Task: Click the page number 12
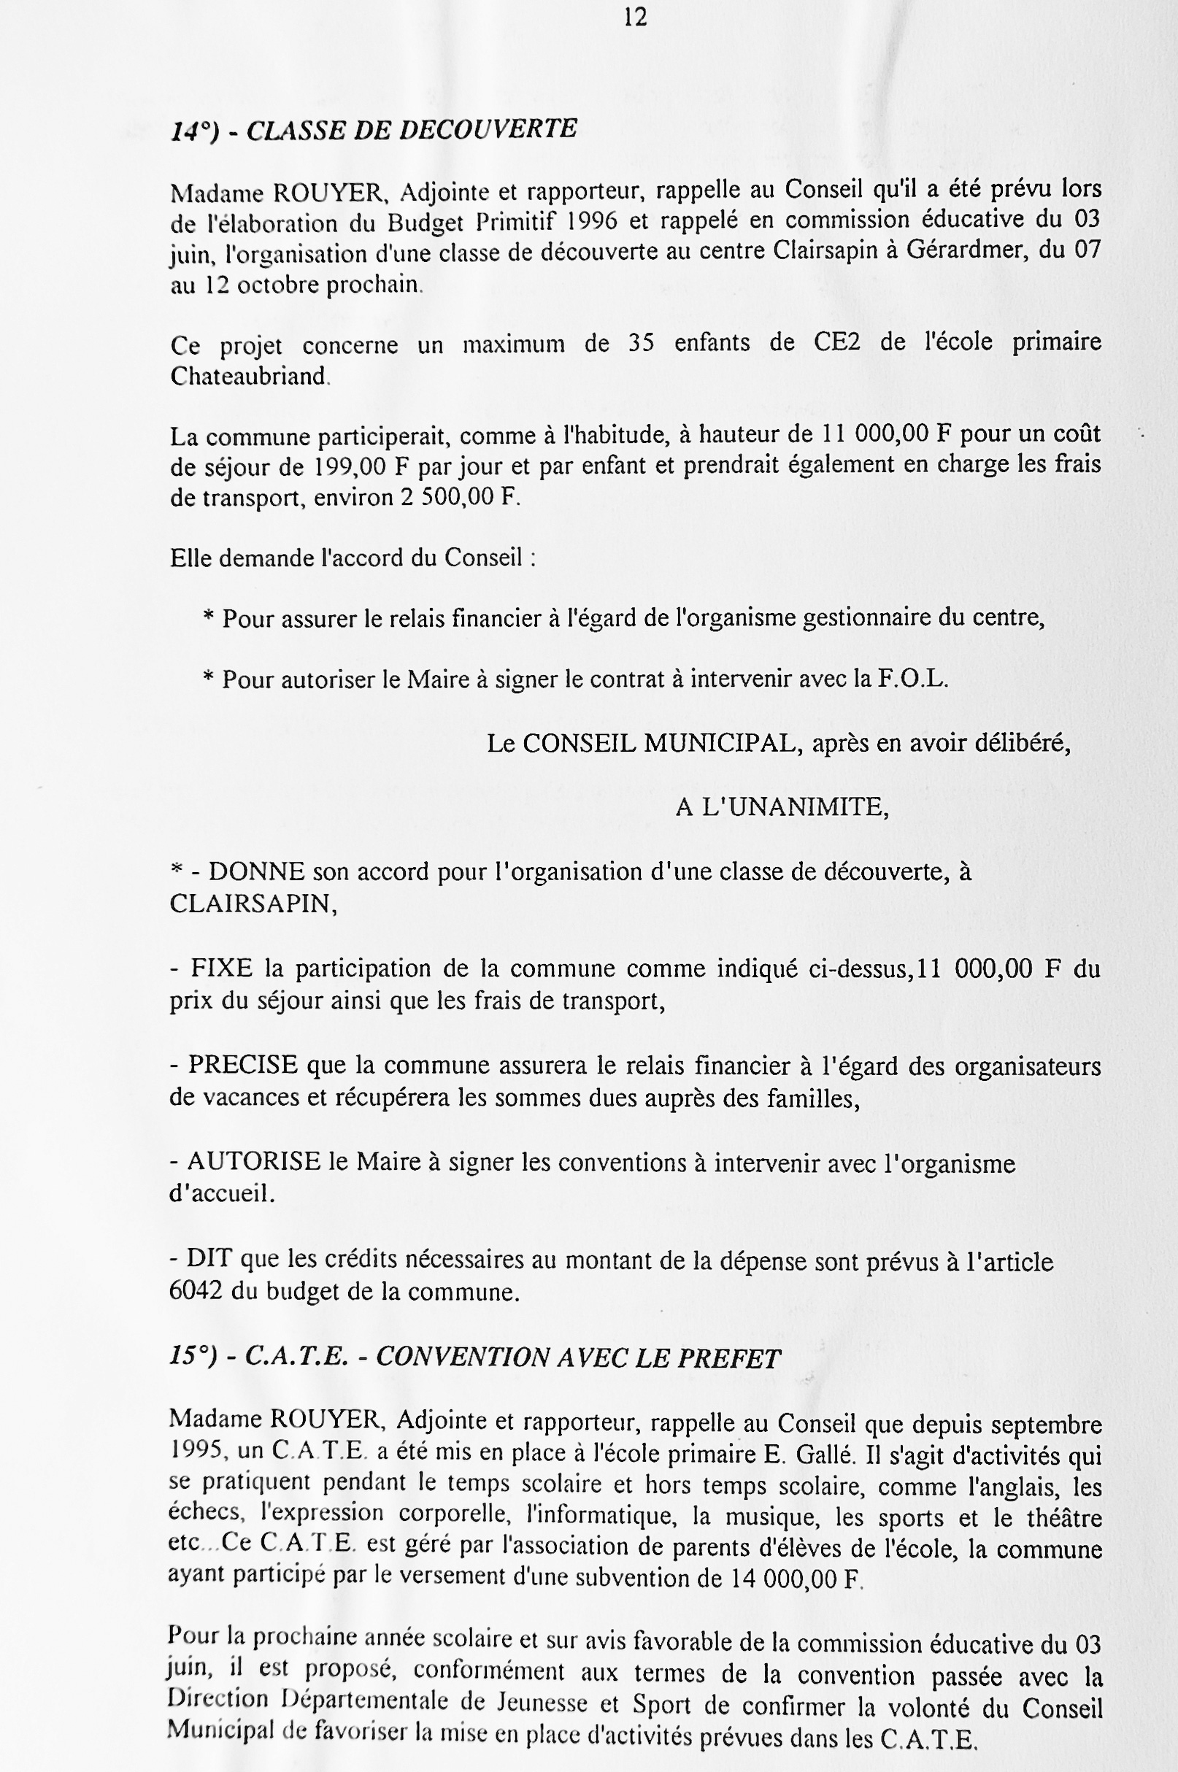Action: pos(635,18)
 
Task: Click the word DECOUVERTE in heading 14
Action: pos(488,129)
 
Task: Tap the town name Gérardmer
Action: pos(966,251)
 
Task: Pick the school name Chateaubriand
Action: pos(248,376)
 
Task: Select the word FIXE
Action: pos(222,968)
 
